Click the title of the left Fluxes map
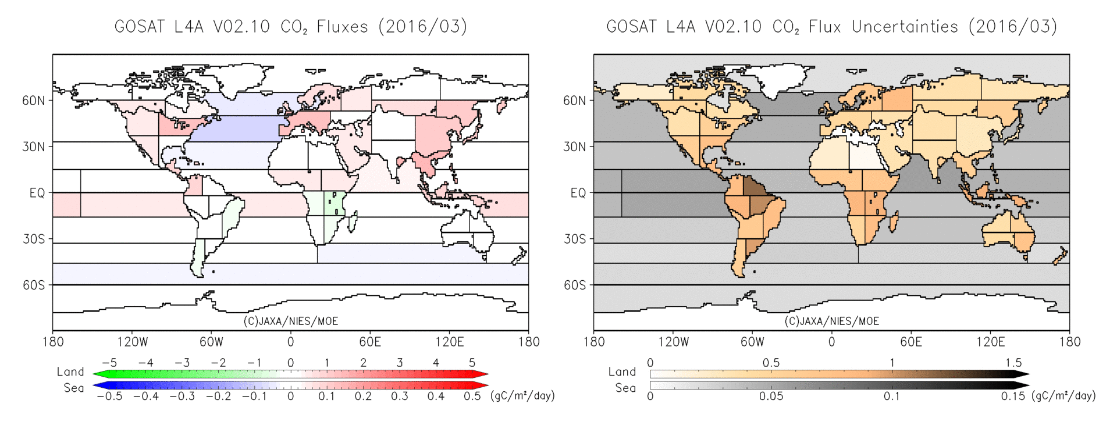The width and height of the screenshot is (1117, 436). pos(290,27)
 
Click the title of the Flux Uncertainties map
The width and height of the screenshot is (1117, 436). pos(831,27)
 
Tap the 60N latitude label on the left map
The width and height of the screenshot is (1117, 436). pos(33,101)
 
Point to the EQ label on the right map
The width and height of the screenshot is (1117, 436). pos(578,193)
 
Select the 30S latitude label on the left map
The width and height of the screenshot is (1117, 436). pos(34,239)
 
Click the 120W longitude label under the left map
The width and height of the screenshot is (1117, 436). pos(132,342)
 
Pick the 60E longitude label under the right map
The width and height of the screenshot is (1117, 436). pos(911,342)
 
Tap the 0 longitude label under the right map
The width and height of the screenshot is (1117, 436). pos(831,342)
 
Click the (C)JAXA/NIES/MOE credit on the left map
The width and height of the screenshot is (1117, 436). pos(290,321)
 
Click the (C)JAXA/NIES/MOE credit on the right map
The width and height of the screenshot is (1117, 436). pos(831,321)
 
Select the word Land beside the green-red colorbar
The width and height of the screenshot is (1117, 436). pos(70,371)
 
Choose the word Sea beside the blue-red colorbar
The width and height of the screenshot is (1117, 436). pos(74,388)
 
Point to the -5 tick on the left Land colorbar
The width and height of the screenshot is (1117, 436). pos(109,363)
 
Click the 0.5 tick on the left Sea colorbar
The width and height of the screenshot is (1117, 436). pos(472,396)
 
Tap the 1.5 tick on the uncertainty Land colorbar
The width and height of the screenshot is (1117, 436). pos(1013,363)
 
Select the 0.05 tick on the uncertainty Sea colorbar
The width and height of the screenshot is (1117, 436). pos(771,396)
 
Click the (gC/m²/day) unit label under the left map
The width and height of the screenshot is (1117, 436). pos(522,396)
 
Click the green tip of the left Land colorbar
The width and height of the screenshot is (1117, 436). pos(98,374)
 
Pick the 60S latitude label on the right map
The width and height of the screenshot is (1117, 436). pos(574,285)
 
